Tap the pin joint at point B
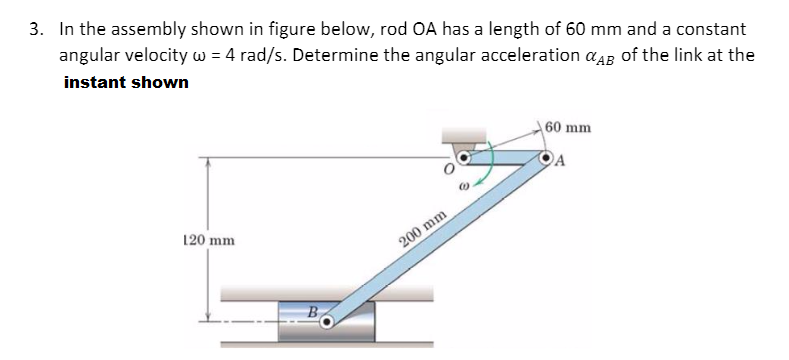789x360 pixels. (331, 321)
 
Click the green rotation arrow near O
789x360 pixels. (488, 170)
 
